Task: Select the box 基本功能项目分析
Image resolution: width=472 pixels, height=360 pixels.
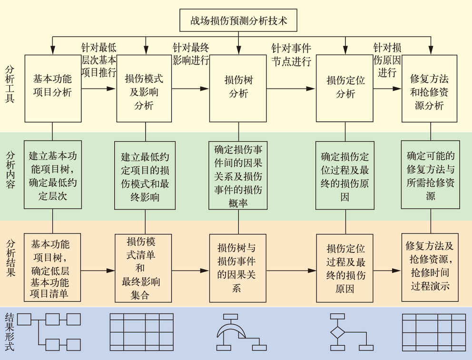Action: click(52, 88)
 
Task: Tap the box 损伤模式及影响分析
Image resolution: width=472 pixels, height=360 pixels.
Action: click(145, 88)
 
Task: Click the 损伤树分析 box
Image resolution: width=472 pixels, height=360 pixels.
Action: click(238, 88)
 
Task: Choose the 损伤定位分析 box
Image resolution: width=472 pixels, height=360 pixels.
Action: click(344, 88)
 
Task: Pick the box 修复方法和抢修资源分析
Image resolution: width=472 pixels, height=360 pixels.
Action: click(429, 88)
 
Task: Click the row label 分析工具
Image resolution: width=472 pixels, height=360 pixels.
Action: click(10, 83)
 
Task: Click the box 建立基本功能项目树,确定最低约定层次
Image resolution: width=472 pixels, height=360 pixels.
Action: click(52, 175)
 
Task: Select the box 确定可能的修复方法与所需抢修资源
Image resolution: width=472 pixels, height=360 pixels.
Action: click(430, 175)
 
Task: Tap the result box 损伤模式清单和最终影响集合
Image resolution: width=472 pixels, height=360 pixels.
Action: click(143, 268)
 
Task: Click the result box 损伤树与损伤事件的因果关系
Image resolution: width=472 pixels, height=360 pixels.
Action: click(237, 268)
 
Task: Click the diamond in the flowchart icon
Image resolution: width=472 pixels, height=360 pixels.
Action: click(337, 332)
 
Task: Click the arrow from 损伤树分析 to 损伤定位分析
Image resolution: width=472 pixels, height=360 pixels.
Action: click(290, 88)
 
